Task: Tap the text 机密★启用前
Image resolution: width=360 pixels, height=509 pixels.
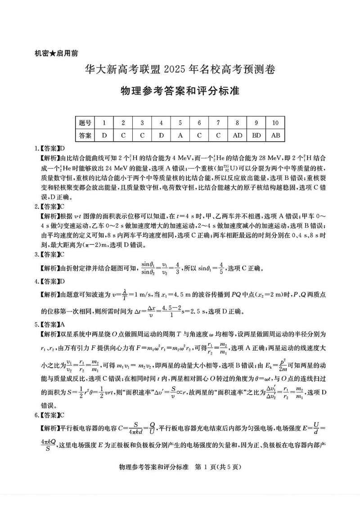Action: [x=56, y=53]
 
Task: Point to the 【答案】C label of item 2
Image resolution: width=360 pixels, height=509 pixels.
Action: [x=49, y=207]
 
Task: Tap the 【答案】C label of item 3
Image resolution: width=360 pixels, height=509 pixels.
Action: [x=49, y=255]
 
